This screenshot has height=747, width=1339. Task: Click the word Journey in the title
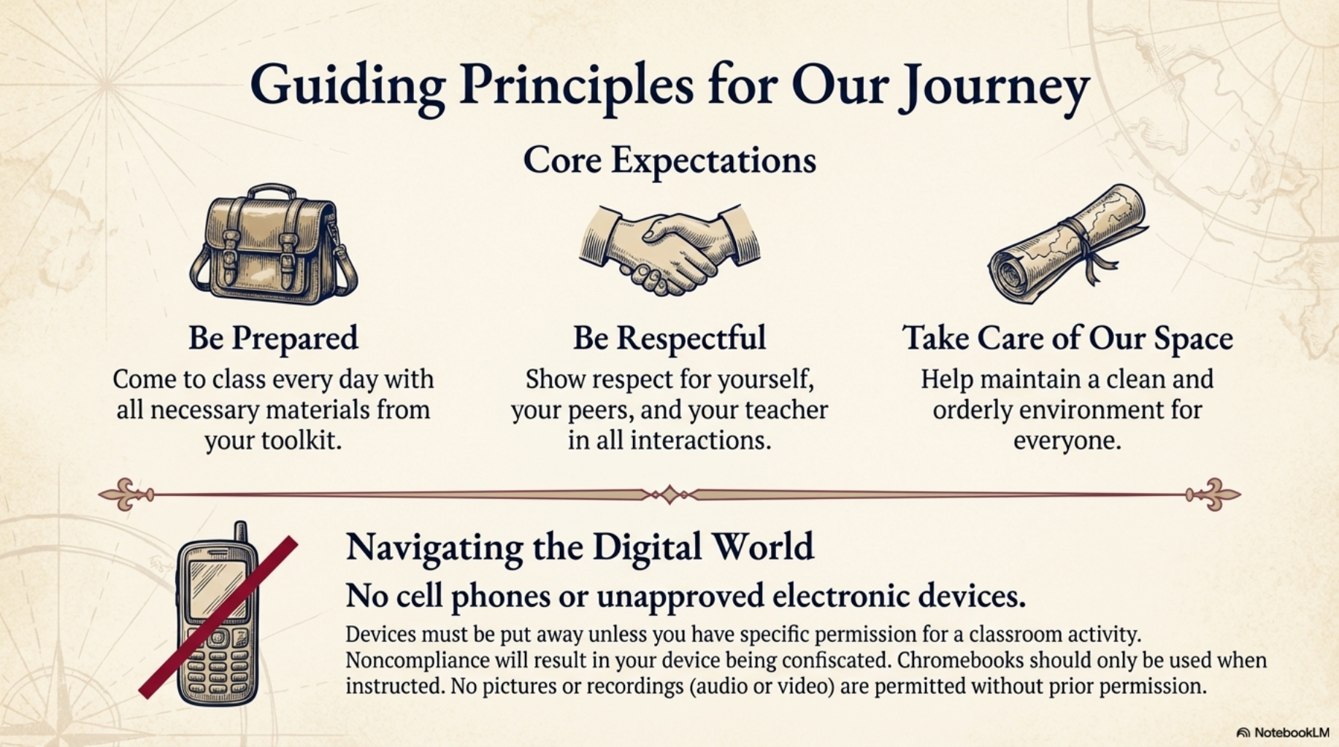994,88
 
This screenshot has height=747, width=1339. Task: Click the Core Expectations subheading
669,160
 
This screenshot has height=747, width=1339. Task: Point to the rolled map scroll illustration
1067,245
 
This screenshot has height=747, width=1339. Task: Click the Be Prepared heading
273,338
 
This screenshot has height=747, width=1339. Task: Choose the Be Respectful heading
669,338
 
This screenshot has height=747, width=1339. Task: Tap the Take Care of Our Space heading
1067,338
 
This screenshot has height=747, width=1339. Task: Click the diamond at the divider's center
669,495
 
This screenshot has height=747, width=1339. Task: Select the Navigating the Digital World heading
580,547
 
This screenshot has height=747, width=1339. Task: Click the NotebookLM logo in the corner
1284,732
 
